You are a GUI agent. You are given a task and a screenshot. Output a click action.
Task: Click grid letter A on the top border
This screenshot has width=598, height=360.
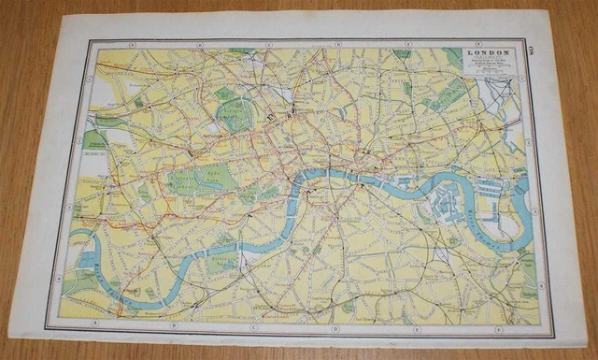click(x=134, y=44)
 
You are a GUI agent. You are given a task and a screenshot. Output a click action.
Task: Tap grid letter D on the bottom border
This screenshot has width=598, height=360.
click(x=334, y=331)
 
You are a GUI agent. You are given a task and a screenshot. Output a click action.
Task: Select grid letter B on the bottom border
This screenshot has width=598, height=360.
click(x=173, y=327)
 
